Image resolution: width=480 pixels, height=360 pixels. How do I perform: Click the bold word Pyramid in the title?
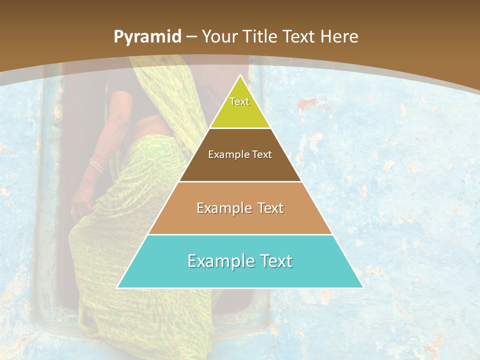tap(147, 37)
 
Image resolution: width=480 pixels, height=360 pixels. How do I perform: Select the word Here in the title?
tap(339, 37)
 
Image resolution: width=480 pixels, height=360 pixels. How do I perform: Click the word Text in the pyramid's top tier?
tap(239, 101)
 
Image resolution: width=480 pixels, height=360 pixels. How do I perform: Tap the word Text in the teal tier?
tap(275, 261)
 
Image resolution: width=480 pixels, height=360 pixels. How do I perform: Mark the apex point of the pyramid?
tap(240, 75)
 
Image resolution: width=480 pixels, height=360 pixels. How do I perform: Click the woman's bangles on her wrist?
tap(96, 165)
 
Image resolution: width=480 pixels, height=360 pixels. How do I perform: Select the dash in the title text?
tap(191, 37)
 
